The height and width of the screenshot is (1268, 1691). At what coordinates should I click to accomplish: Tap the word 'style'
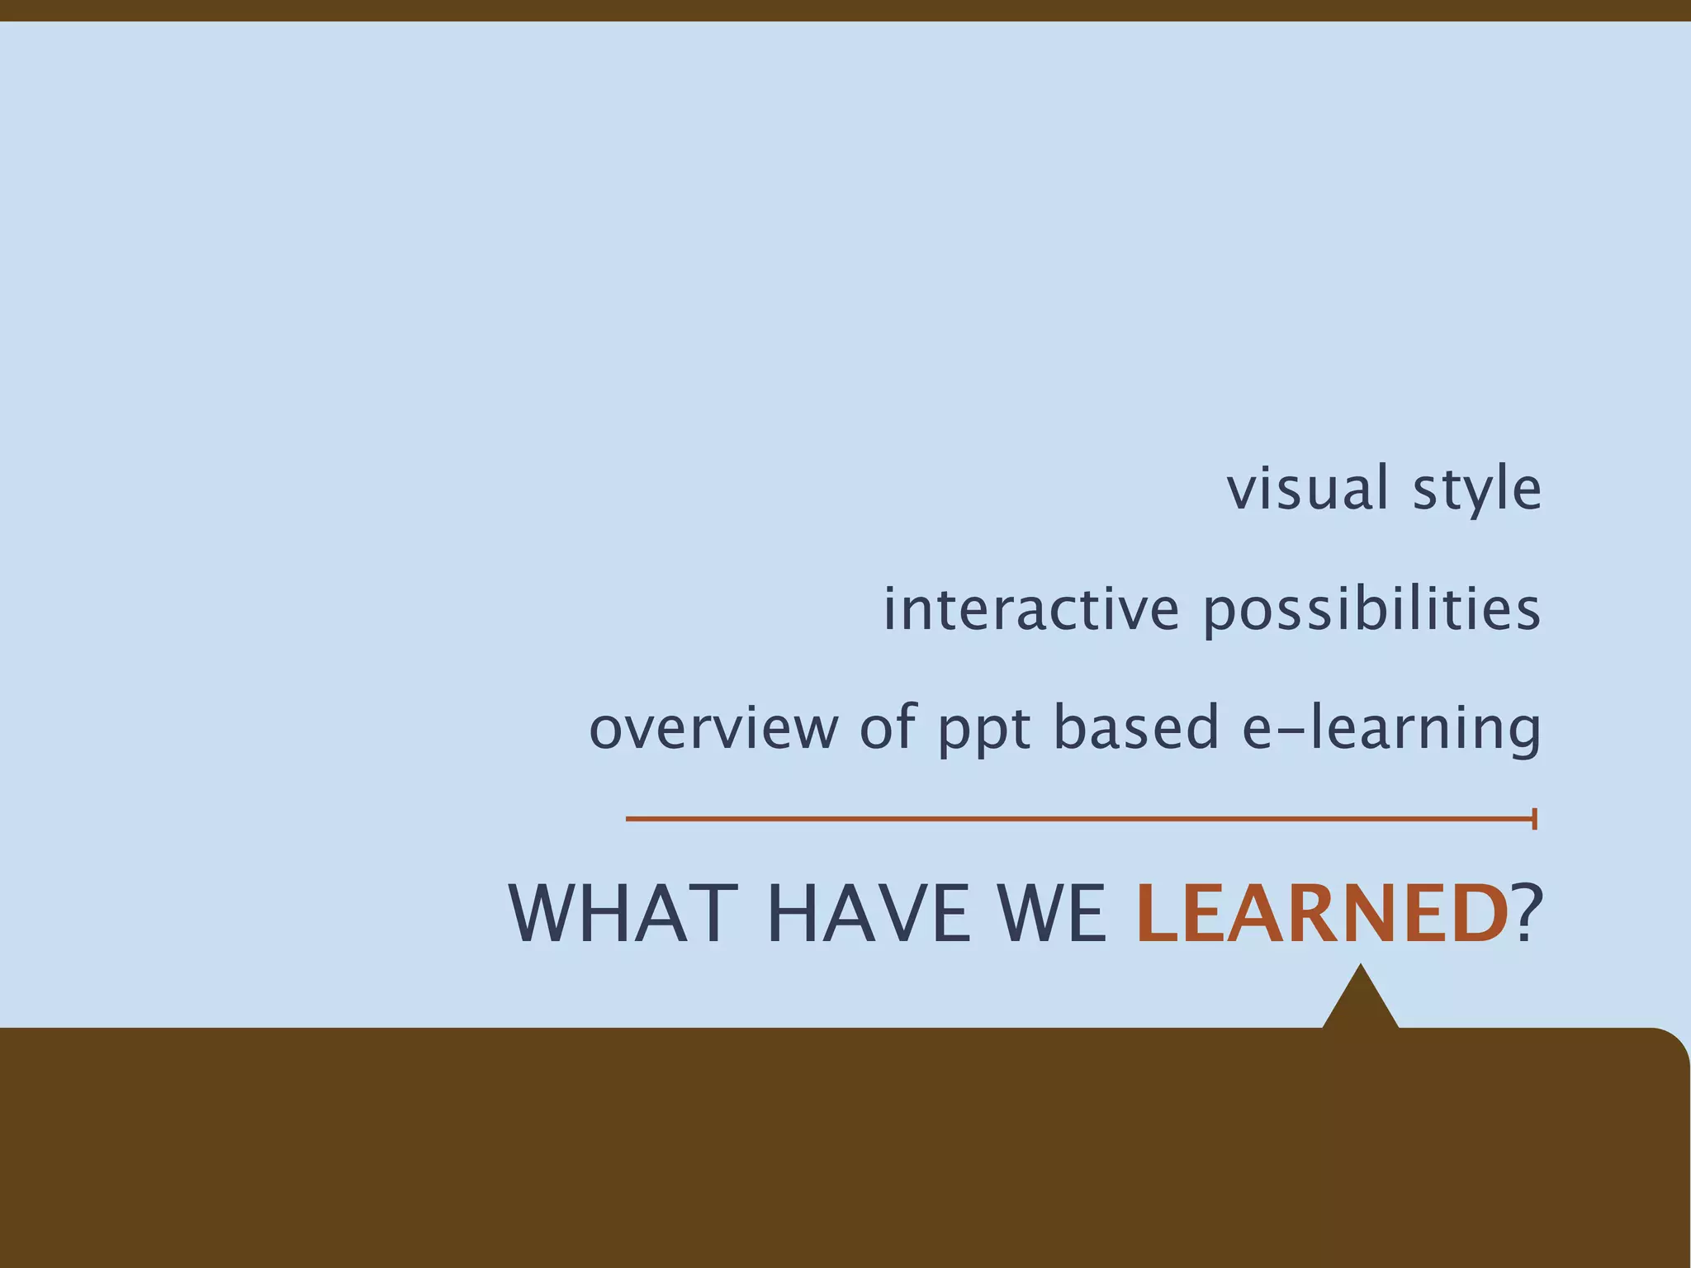pyautogui.click(x=1476, y=490)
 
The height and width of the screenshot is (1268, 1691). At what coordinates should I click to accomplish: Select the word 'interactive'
pyautogui.click(x=1031, y=608)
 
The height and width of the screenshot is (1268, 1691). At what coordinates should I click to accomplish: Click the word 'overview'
pyautogui.click(x=713, y=727)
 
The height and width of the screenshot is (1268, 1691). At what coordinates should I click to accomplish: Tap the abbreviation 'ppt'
pyautogui.click(x=984, y=730)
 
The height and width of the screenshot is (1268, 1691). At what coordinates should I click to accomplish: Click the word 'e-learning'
pyautogui.click(x=1391, y=728)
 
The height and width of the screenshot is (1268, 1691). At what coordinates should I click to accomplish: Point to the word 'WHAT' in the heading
pyautogui.click(x=623, y=914)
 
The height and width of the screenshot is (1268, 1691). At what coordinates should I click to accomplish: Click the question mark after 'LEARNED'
pyautogui.click(x=1528, y=914)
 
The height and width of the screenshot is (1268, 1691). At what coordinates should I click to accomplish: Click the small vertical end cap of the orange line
pyautogui.click(x=1534, y=819)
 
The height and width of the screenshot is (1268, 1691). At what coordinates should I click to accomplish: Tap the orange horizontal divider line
pyautogui.click(x=1073, y=819)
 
